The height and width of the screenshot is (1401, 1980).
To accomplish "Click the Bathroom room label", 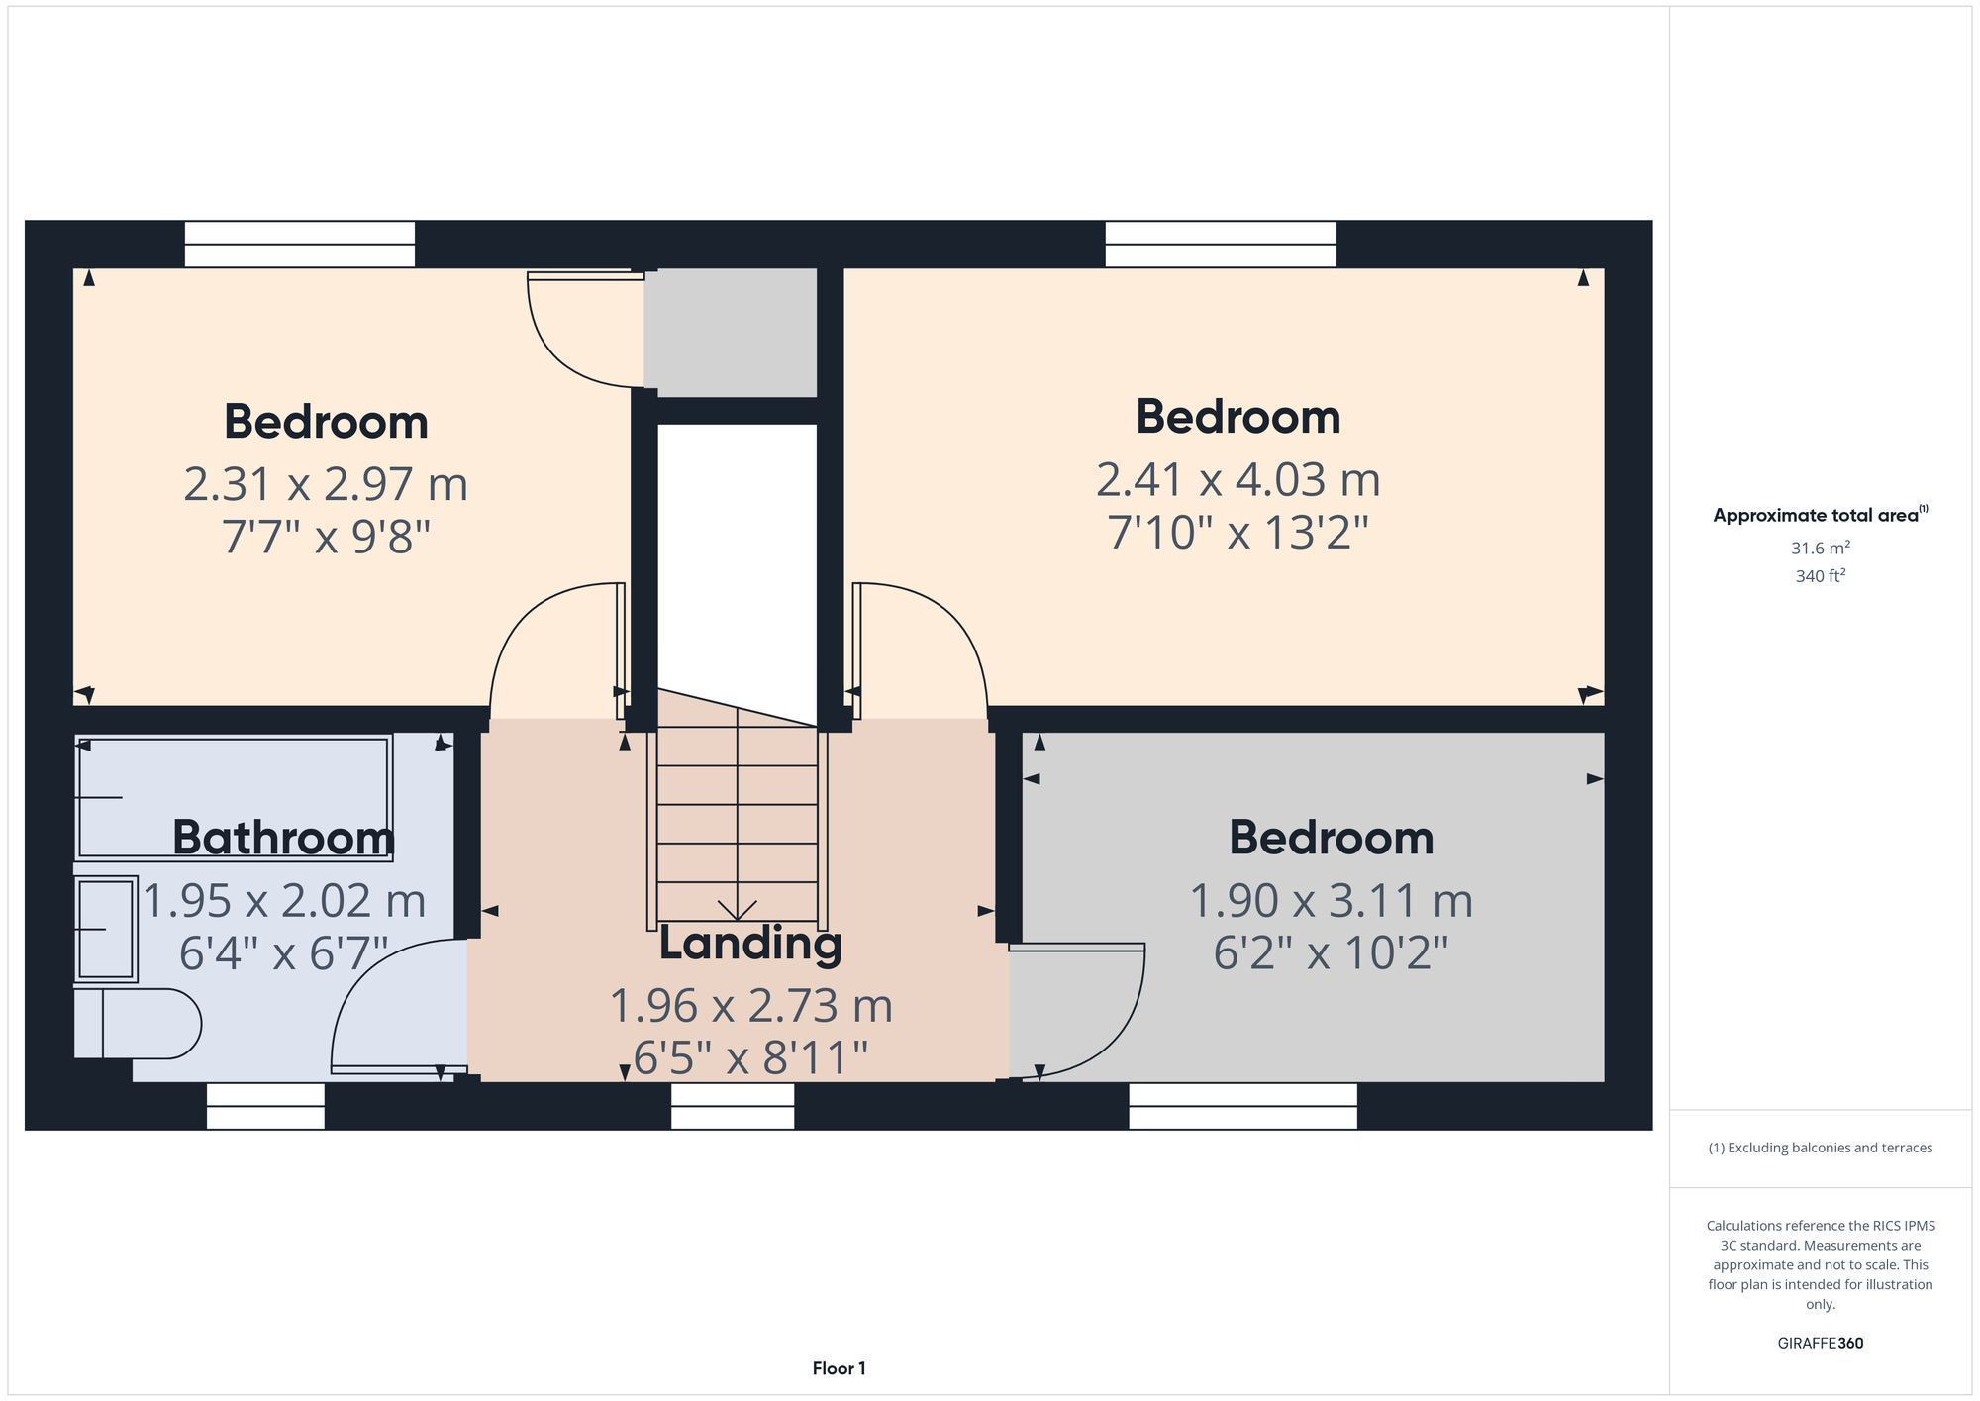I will [x=283, y=838].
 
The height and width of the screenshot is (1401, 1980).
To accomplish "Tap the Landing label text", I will [x=750, y=943].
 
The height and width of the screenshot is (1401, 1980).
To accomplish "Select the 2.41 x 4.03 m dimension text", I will [x=1237, y=480].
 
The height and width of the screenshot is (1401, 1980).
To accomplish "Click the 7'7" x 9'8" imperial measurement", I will [x=326, y=537].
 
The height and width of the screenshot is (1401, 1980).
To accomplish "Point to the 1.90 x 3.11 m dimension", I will [x=1331, y=901].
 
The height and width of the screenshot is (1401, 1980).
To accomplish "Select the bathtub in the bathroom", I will [x=234, y=797].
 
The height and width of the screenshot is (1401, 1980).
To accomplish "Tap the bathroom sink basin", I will [x=105, y=929].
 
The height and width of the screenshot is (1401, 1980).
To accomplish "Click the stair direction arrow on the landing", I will [x=738, y=907].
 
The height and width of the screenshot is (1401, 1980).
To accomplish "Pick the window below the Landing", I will [x=733, y=1106].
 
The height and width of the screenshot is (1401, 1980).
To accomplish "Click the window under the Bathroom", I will [x=265, y=1106].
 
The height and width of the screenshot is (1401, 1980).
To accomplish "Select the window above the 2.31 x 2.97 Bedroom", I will [x=299, y=244].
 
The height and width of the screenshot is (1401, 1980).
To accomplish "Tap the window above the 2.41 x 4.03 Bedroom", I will [x=1220, y=244].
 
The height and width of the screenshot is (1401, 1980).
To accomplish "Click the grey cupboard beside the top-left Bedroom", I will [x=731, y=333].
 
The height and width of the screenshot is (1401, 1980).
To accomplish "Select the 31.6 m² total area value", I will [x=1820, y=549].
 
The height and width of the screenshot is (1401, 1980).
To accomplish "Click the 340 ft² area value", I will [x=1820, y=576].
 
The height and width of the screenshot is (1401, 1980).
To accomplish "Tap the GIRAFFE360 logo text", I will [x=1820, y=1343].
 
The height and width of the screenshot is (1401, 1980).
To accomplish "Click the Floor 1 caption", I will [x=839, y=1368].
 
